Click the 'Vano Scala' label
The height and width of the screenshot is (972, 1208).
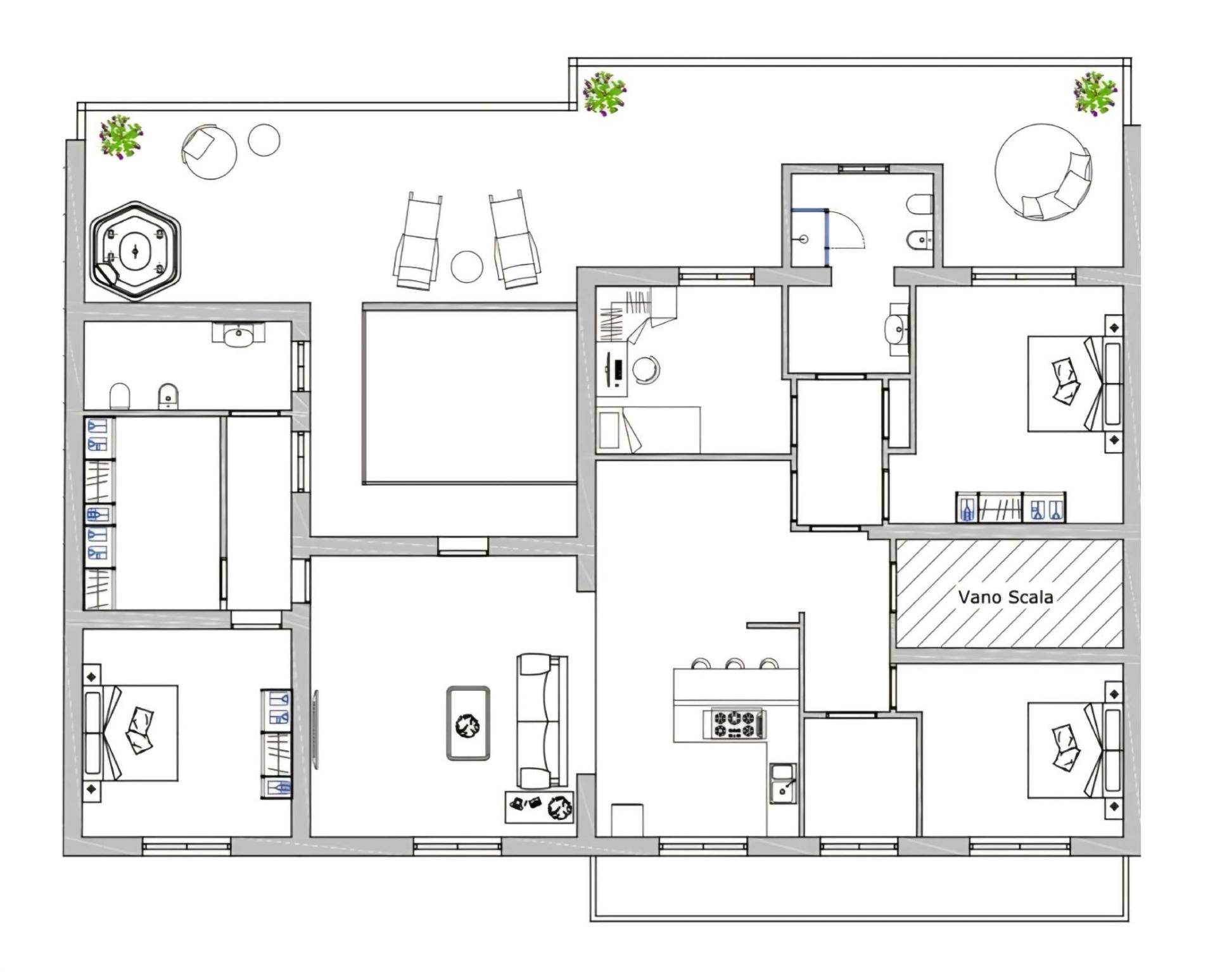coord(1005,596)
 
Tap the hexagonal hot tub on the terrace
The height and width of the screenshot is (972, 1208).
coord(135,251)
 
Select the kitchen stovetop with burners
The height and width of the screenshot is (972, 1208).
coord(734,724)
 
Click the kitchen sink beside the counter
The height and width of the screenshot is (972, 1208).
coord(783,783)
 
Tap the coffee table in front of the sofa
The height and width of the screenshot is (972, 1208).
coord(468,723)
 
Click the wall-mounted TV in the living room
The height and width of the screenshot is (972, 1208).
coord(315,729)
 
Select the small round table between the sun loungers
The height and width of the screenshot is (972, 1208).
coord(467,267)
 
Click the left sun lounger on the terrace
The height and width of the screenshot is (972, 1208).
coord(417,241)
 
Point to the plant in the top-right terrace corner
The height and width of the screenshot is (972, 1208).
coord(1095,93)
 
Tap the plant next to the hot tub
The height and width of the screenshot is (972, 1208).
coord(120,136)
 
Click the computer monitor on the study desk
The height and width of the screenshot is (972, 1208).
coord(609,369)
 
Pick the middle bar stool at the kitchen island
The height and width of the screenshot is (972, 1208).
coord(735,664)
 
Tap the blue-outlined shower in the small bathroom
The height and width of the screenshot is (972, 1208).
coord(810,237)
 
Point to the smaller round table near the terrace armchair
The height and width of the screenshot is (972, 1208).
coord(264,140)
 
